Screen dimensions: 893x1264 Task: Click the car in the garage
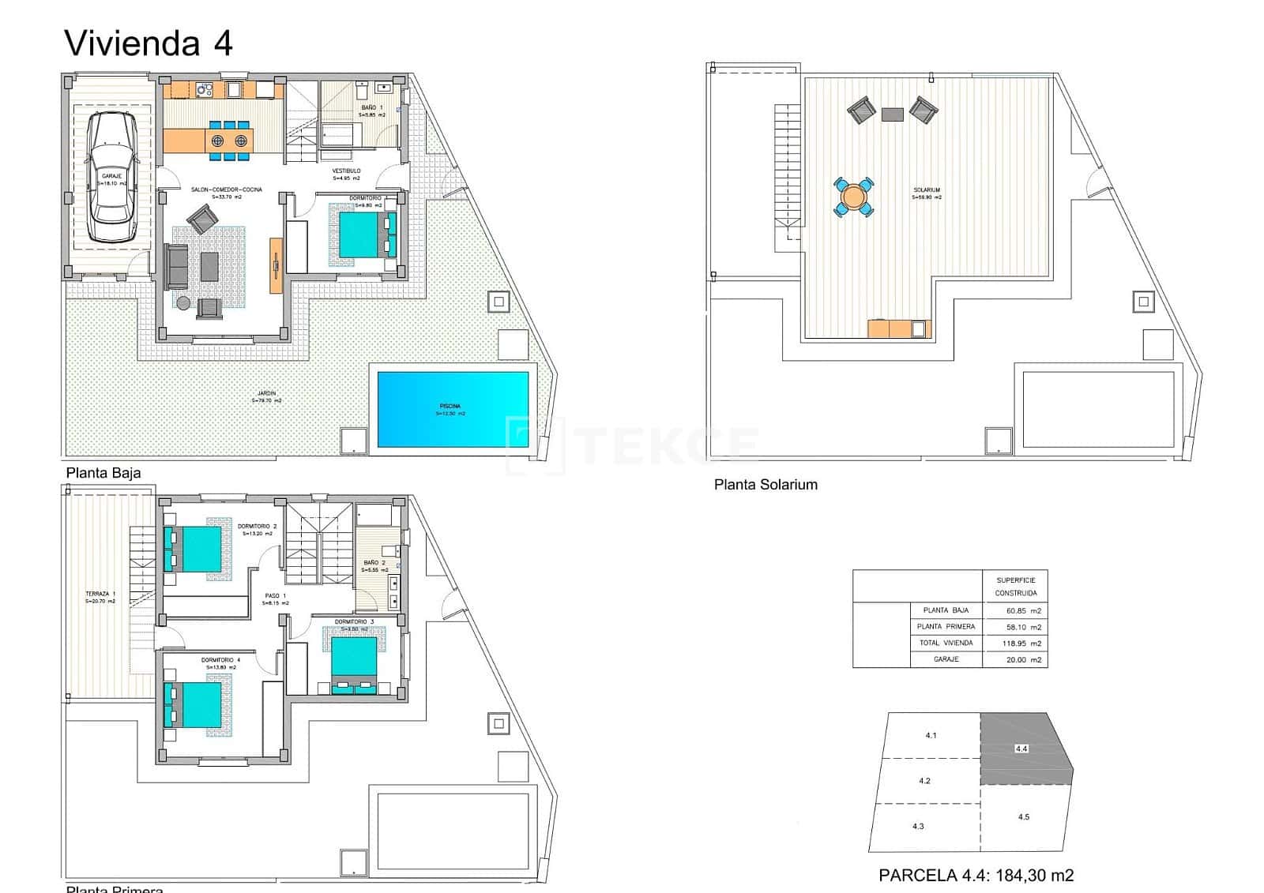[x=111, y=178]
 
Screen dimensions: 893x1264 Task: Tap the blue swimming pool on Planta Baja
[x=453, y=409]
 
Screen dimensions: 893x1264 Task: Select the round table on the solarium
[x=854, y=197]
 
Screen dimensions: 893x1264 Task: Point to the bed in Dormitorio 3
[x=353, y=662]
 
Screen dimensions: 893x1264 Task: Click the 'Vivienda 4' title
[x=149, y=43]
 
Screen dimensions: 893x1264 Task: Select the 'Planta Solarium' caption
[x=766, y=485]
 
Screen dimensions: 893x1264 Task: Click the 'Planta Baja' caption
[x=103, y=473]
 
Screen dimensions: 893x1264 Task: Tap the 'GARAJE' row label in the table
[x=946, y=659]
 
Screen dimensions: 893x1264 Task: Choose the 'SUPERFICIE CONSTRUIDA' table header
[x=1015, y=587]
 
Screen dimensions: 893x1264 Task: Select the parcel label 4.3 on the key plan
[x=918, y=827]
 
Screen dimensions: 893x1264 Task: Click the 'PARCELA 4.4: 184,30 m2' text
[x=976, y=875]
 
